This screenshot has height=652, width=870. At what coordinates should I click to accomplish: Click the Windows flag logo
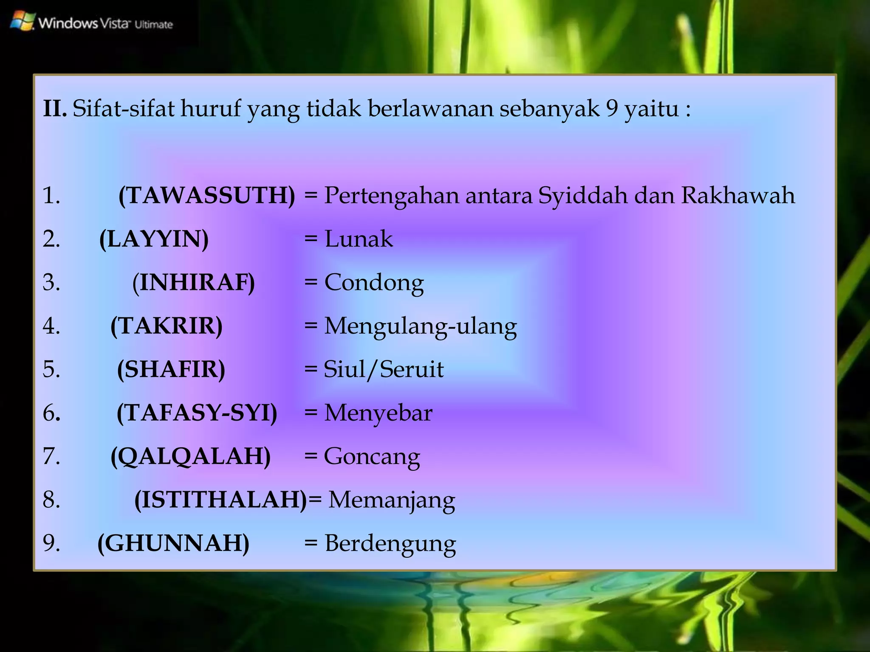22,21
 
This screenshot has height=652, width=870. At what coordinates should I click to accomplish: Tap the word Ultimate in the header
154,25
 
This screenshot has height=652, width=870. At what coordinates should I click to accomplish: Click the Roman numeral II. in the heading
55,109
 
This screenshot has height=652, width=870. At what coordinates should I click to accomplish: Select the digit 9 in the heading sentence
612,109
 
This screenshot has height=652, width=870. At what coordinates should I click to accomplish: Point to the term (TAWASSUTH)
206,196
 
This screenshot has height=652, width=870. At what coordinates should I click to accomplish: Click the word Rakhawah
738,196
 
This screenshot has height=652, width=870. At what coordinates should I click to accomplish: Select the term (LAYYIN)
154,239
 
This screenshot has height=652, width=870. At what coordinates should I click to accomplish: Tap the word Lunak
359,239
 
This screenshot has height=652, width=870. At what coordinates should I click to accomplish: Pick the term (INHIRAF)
194,283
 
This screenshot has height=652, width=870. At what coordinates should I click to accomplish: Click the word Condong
374,283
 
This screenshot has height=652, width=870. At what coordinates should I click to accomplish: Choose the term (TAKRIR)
167,326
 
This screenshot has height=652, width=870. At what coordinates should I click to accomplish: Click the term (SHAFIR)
171,369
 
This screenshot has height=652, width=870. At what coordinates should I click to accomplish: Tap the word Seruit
412,369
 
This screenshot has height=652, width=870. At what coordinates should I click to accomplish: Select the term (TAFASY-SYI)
197,413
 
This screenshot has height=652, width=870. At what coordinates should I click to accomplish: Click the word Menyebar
378,413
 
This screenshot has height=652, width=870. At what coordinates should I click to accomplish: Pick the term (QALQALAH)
191,457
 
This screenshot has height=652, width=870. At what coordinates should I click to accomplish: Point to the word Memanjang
392,500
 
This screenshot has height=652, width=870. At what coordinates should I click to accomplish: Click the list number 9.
51,543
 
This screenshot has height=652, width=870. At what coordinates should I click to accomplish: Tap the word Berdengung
390,544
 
